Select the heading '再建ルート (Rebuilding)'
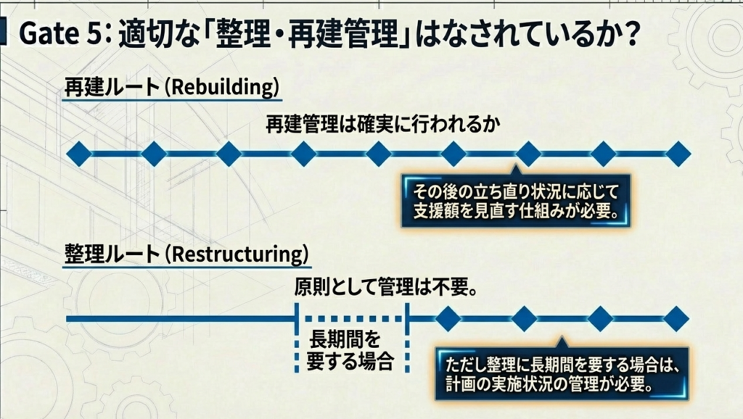(x=171, y=88)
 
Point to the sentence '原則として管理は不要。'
(x=385, y=289)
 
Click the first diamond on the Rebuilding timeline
(x=79, y=154)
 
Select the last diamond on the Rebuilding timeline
(x=678, y=154)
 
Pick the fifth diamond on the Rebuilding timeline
(x=378, y=154)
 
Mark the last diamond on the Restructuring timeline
(x=676, y=318)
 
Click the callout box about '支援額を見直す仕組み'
(x=514, y=202)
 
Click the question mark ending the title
(x=629, y=34)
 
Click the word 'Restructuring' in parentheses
(x=242, y=254)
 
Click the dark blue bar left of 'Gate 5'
(x=5, y=33)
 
